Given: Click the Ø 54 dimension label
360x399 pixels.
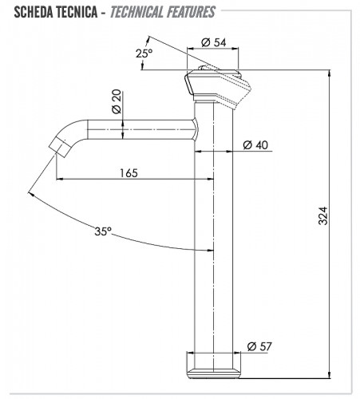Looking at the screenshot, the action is (x=214, y=42).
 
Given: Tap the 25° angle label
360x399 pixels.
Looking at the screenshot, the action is (x=144, y=53).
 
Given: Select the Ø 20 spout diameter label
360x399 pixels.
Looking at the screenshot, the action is (x=117, y=101).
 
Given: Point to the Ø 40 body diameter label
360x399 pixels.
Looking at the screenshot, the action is (x=255, y=145).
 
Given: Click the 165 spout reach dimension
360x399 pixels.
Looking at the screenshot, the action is (x=129, y=173).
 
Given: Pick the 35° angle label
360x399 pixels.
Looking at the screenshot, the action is (x=103, y=231).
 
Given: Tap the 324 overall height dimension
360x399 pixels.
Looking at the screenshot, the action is (x=323, y=215).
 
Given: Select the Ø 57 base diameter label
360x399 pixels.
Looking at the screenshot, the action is (x=259, y=346).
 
